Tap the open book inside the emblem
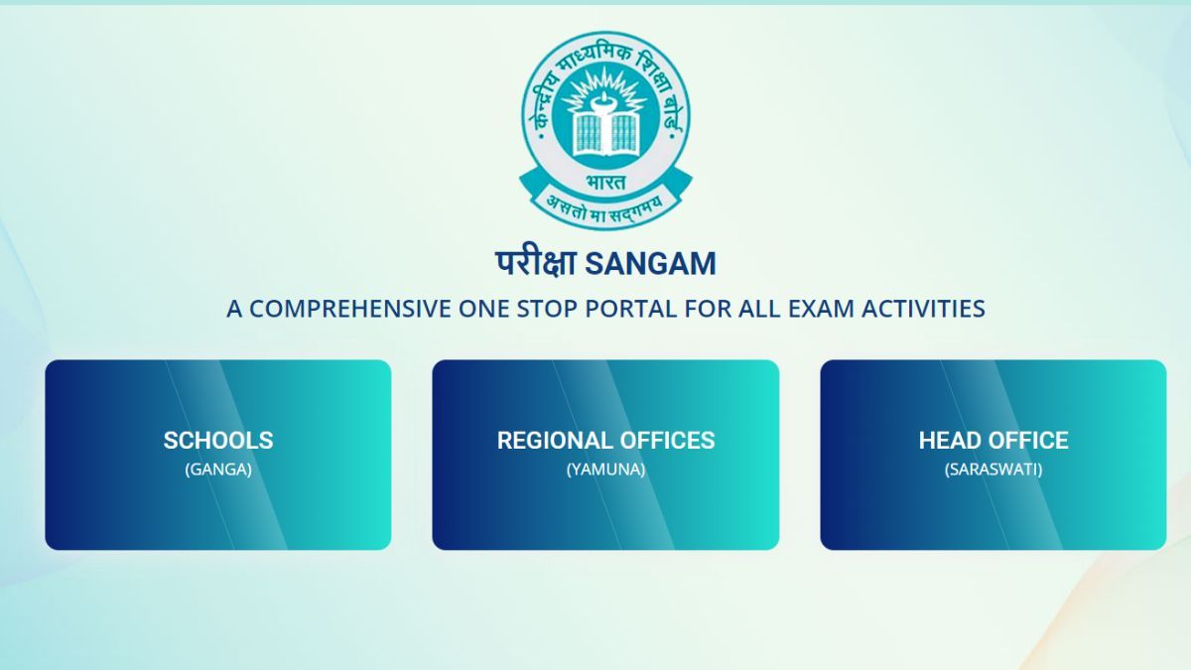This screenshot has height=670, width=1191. tap(605, 128)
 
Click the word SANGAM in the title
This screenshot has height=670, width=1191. tap(651, 264)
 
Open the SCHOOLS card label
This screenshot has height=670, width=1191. tap(218, 441)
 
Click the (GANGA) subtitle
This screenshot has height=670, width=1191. tap(218, 469)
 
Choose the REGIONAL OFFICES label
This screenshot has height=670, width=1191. tap(605, 441)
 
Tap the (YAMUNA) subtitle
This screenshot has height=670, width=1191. tap(605, 469)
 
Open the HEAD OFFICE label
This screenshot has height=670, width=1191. tap(993, 441)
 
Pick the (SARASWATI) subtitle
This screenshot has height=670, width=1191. tap(993, 469)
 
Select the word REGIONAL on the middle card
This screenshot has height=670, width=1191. tap(555, 441)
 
